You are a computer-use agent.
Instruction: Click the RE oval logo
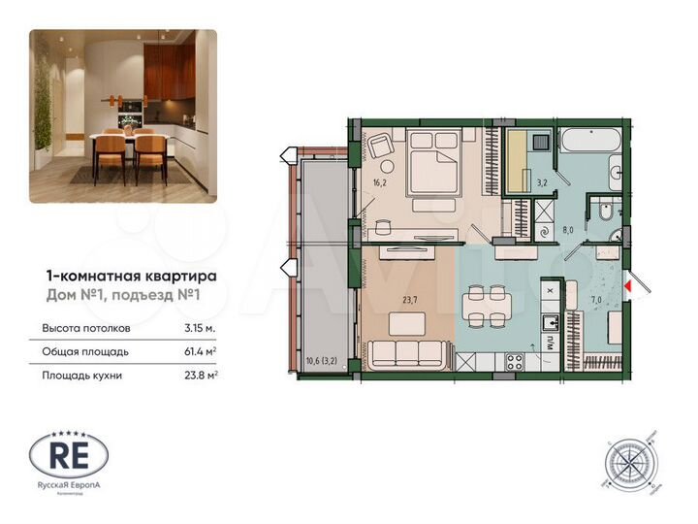pyautogui.click(x=69, y=454)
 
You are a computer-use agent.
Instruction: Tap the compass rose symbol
pyautogui.click(x=627, y=460)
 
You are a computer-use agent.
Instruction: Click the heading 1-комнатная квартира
pyautogui.click(x=132, y=276)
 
